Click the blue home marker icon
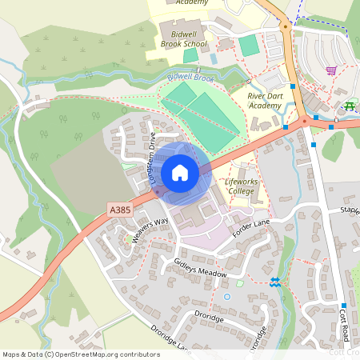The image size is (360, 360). coord(180,173)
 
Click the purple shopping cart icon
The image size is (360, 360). coord(330,70)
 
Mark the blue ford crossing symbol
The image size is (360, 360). coord(275,282)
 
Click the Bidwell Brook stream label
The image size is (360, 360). coord(191,78)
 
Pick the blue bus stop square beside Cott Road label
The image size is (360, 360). coord(342,306)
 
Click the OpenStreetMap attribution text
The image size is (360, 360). coord(80,354)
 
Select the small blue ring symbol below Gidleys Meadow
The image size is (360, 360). coord(226,297)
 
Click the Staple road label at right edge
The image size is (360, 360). coord(350,210)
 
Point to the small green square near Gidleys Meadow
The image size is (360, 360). coord(239,283)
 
